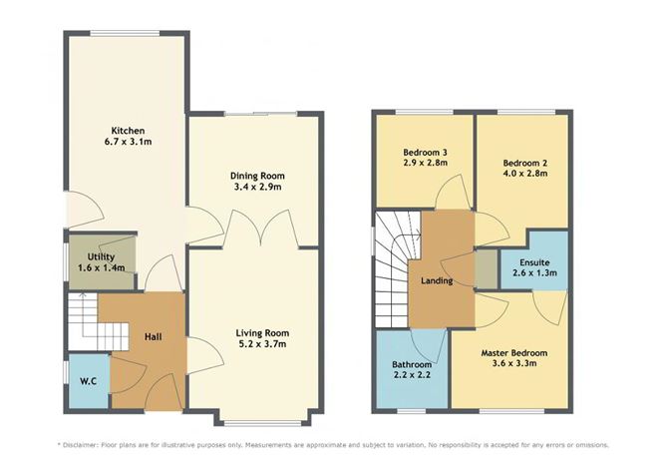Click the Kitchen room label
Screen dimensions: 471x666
click(x=128, y=131)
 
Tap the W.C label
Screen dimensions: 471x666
click(x=86, y=379)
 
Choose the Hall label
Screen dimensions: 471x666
click(x=153, y=336)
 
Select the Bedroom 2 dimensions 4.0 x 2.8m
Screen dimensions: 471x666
click(x=524, y=173)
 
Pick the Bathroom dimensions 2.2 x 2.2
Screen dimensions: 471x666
click(x=412, y=377)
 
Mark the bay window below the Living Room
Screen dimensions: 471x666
click(x=254, y=412)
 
